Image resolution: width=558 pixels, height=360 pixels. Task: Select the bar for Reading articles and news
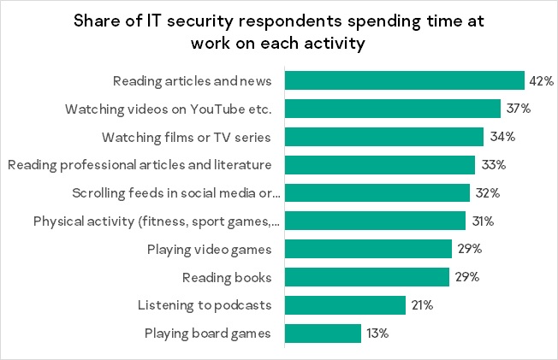pyautogui.click(x=404, y=81)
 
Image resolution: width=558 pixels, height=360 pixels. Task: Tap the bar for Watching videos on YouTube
pyautogui.click(x=392, y=109)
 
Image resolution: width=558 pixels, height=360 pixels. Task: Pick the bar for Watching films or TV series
pyautogui.click(x=383, y=137)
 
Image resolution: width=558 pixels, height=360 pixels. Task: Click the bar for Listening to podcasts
pyautogui.click(x=345, y=305)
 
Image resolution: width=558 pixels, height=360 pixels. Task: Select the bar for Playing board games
pyautogui.click(x=323, y=333)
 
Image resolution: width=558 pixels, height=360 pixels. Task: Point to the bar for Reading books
pyautogui.click(x=366, y=277)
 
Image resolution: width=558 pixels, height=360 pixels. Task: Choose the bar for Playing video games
pyautogui.click(x=368, y=250)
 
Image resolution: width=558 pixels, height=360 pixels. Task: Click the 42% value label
pyautogui.click(x=542, y=81)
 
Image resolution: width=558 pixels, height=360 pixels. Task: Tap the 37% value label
pyautogui.click(x=518, y=109)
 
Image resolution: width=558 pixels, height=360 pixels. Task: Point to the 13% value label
pyautogui.click(x=377, y=333)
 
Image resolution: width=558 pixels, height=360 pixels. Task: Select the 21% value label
pyautogui.click(x=422, y=305)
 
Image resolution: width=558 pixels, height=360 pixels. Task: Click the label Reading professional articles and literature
pyautogui.click(x=139, y=165)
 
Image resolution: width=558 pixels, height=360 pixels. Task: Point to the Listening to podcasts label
pyautogui.click(x=205, y=305)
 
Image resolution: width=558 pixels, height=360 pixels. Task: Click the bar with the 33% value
pyautogui.click(x=379, y=165)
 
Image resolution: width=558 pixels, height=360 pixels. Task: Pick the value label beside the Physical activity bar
pyautogui.click(x=483, y=221)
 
